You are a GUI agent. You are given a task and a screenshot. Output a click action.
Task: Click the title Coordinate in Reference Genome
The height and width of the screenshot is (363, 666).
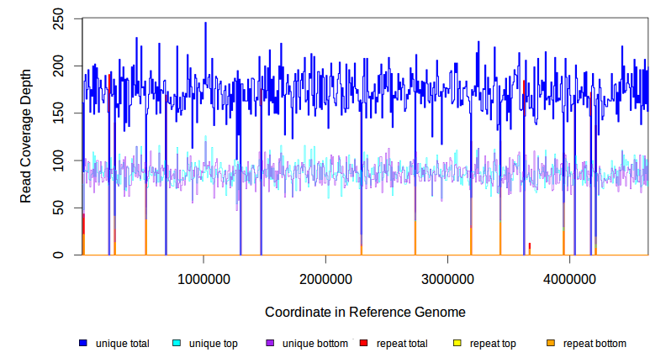tap(365, 312)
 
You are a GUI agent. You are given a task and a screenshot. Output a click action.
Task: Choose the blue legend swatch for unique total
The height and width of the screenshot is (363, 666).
tap(83, 343)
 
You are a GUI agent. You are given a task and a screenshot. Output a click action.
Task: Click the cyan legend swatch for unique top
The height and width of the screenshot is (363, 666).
tap(177, 343)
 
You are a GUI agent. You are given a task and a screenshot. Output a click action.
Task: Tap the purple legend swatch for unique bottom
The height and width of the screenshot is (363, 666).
tap(270, 343)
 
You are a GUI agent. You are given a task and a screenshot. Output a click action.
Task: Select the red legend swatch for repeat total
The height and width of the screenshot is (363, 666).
tap(363, 343)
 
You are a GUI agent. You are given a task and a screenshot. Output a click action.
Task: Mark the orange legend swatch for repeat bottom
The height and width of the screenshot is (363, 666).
tap(551, 343)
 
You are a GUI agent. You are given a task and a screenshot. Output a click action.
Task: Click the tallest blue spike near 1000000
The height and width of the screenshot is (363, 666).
tap(205, 24)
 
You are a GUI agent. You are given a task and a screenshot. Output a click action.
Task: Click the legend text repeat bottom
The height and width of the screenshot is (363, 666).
tap(595, 344)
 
